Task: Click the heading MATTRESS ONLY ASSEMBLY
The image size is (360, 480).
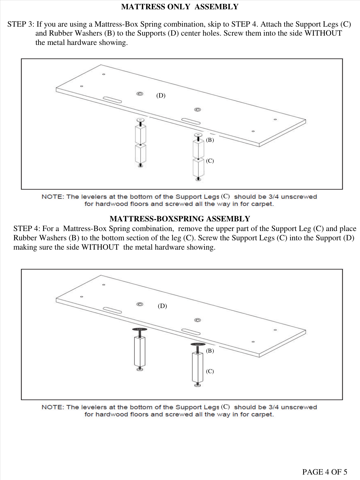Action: tap(180, 7)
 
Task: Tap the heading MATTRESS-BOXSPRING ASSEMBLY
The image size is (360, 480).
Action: tap(180, 219)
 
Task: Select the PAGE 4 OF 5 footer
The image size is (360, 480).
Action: tap(324, 472)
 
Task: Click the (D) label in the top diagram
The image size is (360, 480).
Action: tap(161, 95)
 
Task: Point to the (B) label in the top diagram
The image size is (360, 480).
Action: tap(210, 140)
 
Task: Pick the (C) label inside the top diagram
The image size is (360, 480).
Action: tap(210, 161)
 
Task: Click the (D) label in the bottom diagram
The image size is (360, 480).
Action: tap(162, 306)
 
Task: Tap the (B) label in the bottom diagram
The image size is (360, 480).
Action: tap(210, 351)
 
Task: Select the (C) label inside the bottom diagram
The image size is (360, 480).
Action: tap(210, 371)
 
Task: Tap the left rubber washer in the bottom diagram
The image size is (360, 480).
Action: tap(140, 330)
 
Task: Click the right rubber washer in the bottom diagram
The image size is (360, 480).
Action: tap(198, 344)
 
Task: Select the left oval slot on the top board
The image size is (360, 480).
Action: tap(112, 99)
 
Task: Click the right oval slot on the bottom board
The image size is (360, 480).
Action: tap(191, 331)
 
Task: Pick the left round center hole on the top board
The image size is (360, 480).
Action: tap(140, 94)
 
